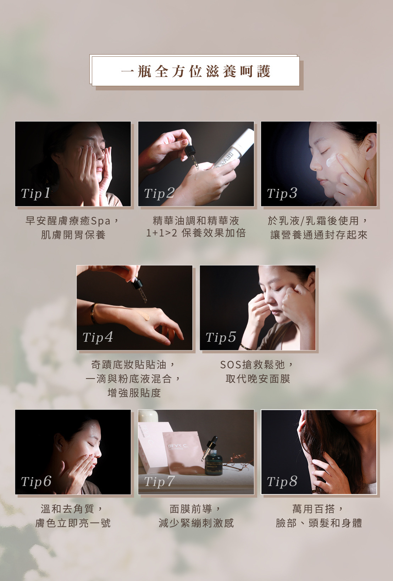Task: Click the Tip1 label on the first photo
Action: coord(35,193)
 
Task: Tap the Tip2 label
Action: coord(159,193)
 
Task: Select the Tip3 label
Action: coord(282,193)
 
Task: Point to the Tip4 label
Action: coord(98,337)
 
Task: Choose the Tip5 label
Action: coord(221,337)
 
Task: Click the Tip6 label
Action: coord(36,481)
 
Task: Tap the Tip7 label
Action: coord(159,481)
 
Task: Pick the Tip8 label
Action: coord(282,481)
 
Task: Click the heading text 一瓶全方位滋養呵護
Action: coord(196,71)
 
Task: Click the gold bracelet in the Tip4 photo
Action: coord(93,313)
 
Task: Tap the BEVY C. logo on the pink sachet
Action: coord(178,446)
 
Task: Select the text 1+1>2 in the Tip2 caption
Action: coord(161,233)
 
